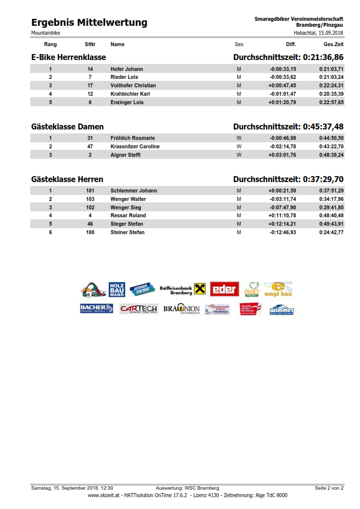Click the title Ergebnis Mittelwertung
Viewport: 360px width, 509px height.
coord(89,22)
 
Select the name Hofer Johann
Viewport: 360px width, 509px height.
coord(126,69)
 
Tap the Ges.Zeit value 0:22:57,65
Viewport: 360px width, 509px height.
coord(331,102)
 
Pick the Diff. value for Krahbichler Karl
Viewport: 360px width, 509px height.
coord(283,94)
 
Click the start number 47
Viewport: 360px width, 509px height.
coord(90,146)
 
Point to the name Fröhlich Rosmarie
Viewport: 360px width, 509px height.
coord(132,138)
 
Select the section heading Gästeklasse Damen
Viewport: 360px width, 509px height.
coord(67,127)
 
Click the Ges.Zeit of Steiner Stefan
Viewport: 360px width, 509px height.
coord(331,232)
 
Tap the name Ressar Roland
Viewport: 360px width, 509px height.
coord(128,215)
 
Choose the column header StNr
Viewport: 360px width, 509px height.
coord(90,44)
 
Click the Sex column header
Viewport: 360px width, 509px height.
coord(239,44)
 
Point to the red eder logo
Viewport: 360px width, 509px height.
coord(225,289)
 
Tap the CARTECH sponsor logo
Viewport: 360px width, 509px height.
coord(138,309)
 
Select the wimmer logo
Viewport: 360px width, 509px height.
coord(282,310)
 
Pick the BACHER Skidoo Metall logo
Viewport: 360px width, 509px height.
coord(96,309)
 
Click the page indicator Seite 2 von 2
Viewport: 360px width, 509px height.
coord(329,488)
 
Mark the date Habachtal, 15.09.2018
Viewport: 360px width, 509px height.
coord(318,33)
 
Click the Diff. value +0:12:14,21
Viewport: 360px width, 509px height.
coord(282,224)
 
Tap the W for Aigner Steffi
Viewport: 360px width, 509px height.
coord(239,155)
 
